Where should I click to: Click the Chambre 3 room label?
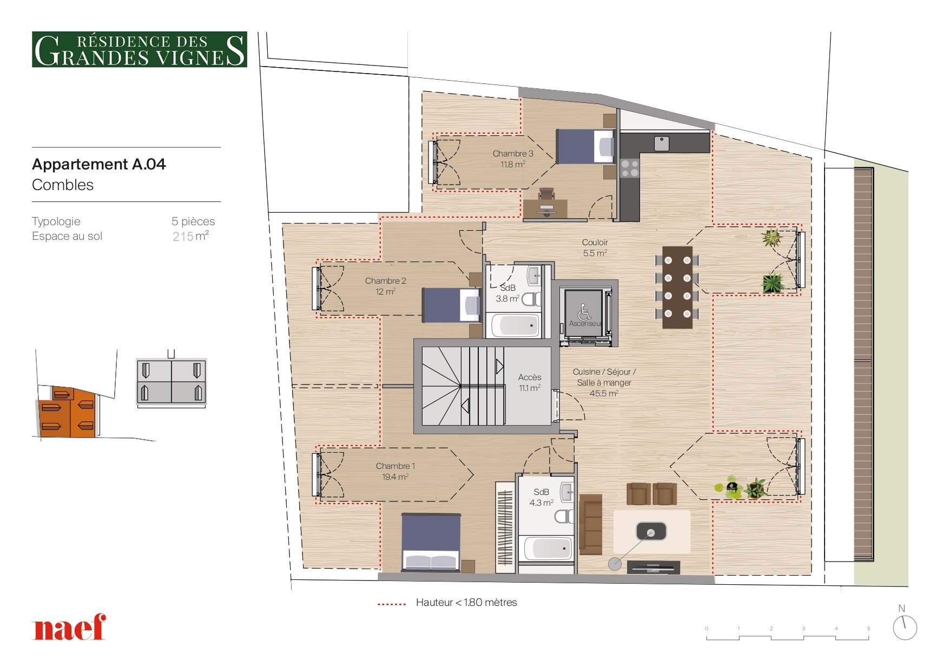coord(513,159)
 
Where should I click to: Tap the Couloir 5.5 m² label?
coord(595,247)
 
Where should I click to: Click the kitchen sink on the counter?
coord(661,143)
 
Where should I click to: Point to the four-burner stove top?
coord(630,168)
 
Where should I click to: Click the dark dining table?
coord(677,287)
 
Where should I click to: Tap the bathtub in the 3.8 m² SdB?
coord(515,325)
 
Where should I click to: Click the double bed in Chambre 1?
coord(431,542)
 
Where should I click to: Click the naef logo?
coord(69,627)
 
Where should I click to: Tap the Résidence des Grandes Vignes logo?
coord(140,49)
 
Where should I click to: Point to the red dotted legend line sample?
coord(392,604)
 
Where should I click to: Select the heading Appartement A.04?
coord(99,164)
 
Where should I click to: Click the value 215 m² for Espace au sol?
coord(190,236)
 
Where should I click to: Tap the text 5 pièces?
coord(193,221)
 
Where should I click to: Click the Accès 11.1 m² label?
coord(530,382)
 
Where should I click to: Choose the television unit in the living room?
coord(653,567)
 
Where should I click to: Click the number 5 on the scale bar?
coord(868,629)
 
